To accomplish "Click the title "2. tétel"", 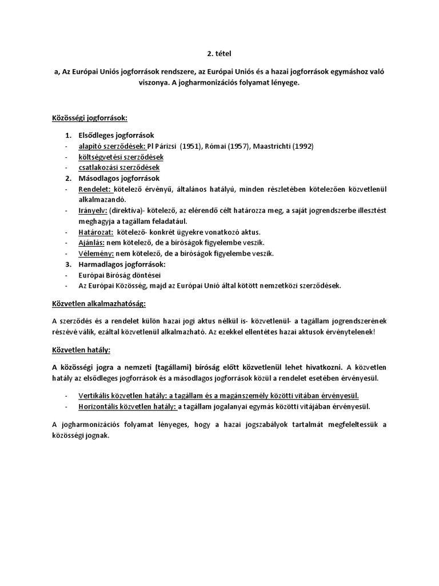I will pos(219,54).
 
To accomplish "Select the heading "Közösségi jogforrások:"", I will pos(89,118).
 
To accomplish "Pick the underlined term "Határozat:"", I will pos(96,232).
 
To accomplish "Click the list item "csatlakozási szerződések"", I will pos(119,168).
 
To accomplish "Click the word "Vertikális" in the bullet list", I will pos(95,396).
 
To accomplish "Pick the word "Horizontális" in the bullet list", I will pos(99,407).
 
